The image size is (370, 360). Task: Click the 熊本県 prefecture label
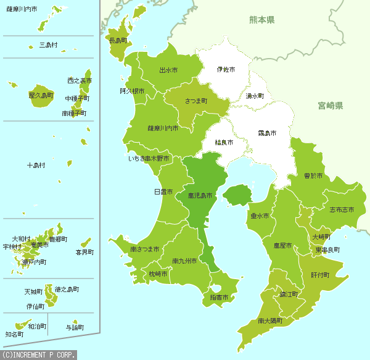(261, 20)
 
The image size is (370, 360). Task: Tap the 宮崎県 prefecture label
(330, 106)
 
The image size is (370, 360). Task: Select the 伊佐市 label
(228, 69)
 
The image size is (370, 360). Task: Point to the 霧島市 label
(267, 133)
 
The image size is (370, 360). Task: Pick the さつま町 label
(195, 100)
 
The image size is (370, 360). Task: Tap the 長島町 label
(118, 41)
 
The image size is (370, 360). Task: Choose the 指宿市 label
(219, 298)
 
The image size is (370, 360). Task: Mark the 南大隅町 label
(270, 320)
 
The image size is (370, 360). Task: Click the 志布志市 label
(342, 210)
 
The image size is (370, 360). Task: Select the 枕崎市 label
(158, 273)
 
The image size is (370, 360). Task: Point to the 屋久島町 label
(41, 96)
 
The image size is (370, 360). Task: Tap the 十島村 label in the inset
(36, 165)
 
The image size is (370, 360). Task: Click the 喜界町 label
(84, 252)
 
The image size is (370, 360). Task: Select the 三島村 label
(48, 45)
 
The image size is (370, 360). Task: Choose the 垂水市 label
(260, 216)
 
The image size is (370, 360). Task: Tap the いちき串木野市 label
(149, 159)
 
